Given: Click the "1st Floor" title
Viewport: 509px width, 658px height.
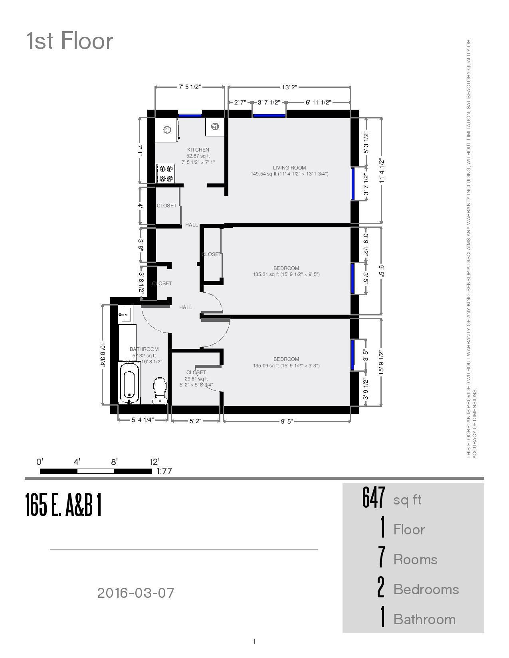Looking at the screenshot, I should pyautogui.click(x=69, y=41).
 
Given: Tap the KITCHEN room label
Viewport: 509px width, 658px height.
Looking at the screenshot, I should pyautogui.click(x=198, y=150).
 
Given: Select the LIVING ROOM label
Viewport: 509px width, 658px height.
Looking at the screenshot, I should pyautogui.click(x=289, y=168).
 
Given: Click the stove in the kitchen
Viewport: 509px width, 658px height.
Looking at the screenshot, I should pyautogui.click(x=166, y=174).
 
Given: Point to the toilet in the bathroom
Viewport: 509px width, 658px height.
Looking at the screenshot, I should pyautogui.click(x=160, y=390).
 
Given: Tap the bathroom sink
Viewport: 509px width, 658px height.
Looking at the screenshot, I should pyautogui.click(x=125, y=314).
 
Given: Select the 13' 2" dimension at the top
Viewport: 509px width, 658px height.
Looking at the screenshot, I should pyautogui.click(x=289, y=87).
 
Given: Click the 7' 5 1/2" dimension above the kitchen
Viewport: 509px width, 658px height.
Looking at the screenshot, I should pyautogui.click(x=190, y=87).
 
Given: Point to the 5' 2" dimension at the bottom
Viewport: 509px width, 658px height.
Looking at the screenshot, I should pyautogui.click(x=195, y=421).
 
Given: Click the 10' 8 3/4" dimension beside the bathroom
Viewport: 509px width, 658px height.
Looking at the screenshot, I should pyautogui.click(x=103, y=355).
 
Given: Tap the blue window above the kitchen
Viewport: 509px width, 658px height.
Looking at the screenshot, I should pyautogui.click(x=190, y=116).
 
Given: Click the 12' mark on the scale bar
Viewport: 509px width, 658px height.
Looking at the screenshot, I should pyautogui.click(x=154, y=462).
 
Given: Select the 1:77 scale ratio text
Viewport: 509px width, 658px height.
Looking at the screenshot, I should pyautogui.click(x=164, y=471).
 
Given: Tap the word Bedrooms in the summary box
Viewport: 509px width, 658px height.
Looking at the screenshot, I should pyautogui.click(x=426, y=589).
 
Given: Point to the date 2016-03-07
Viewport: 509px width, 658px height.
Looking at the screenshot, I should pyautogui.click(x=136, y=593).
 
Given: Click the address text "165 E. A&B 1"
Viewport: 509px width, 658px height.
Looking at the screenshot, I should pyautogui.click(x=63, y=505).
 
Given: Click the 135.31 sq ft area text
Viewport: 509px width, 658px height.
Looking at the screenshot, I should pyautogui.click(x=286, y=274).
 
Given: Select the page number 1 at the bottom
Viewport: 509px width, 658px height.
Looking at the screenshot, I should pyautogui.click(x=254, y=642).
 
